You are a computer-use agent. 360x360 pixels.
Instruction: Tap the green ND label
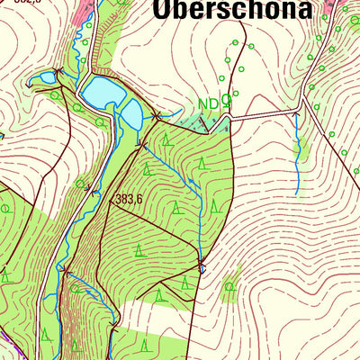pos(208,103)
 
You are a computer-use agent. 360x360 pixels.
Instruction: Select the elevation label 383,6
pos(129,199)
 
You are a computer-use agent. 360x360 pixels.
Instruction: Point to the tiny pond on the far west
pos(42,79)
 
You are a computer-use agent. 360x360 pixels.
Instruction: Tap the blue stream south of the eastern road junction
pos(297,153)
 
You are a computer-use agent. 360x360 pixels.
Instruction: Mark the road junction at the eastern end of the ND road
pos(301,110)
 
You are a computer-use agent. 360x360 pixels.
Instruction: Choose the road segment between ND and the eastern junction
pos(265,112)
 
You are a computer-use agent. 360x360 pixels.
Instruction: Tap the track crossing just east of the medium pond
pos(157,115)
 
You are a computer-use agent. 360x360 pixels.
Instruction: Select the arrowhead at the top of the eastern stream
pos(297,116)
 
